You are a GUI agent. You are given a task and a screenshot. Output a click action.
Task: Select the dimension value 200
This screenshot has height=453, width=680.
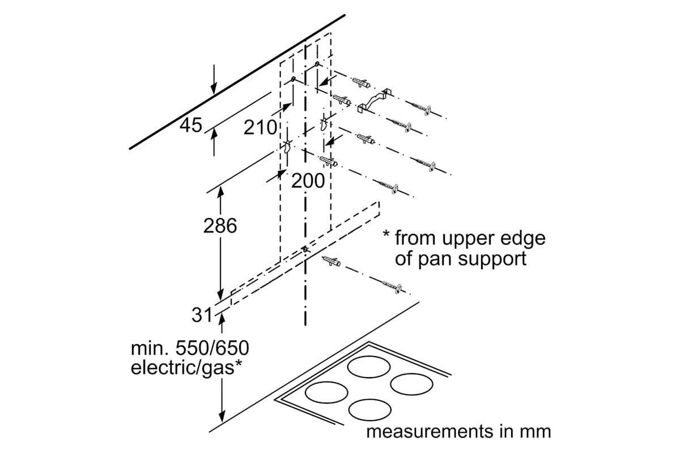click(309, 181)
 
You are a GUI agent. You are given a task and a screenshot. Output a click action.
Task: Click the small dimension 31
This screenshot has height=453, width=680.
click(201, 315)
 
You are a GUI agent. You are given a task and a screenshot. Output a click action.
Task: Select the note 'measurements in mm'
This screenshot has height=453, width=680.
click(458, 431)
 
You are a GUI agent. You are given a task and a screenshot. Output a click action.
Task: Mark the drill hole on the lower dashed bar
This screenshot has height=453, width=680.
click(305, 249)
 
